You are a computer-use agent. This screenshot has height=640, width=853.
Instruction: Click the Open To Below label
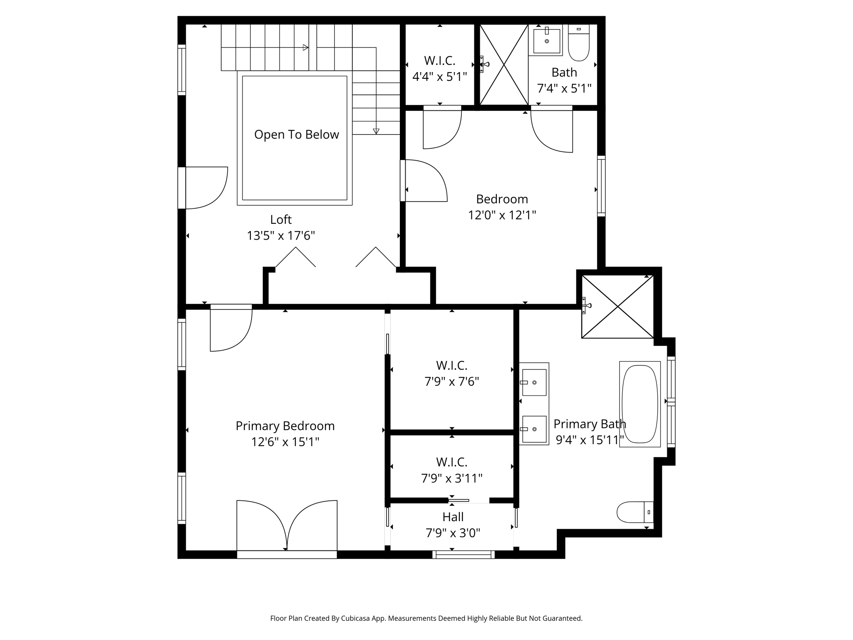click(297, 135)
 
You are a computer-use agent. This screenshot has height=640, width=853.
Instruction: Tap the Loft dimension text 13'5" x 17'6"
click(281, 236)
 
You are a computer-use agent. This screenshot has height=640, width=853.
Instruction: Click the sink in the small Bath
click(546, 41)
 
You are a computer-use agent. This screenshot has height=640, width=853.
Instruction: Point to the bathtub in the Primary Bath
click(640, 404)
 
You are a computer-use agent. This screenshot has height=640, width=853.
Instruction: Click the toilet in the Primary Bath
click(634, 512)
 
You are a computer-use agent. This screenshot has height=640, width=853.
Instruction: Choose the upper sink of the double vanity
click(534, 382)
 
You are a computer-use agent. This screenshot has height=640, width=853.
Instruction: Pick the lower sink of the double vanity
click(534, 429)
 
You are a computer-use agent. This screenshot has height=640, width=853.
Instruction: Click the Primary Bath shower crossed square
click(617, 307)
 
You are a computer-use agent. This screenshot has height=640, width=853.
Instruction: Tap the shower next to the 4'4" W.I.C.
click(504, 65)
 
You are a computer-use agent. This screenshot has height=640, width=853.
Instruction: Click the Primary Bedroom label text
click(285, 426)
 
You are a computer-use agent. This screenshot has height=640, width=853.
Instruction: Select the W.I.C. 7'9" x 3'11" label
click(451, 470)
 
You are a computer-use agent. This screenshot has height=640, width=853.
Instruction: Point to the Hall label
click(453, 517)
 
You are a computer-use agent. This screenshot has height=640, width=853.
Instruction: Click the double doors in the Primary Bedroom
click(287, 526)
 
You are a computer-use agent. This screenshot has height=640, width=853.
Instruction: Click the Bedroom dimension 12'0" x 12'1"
click(502, 215)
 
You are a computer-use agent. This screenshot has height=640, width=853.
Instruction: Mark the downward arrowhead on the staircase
click(376, 131)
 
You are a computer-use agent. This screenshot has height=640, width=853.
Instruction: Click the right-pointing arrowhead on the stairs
click(306, 47)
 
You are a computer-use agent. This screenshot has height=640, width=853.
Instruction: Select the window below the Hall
click(463, 555)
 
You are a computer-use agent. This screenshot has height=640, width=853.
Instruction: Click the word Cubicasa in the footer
click(357, 618)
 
